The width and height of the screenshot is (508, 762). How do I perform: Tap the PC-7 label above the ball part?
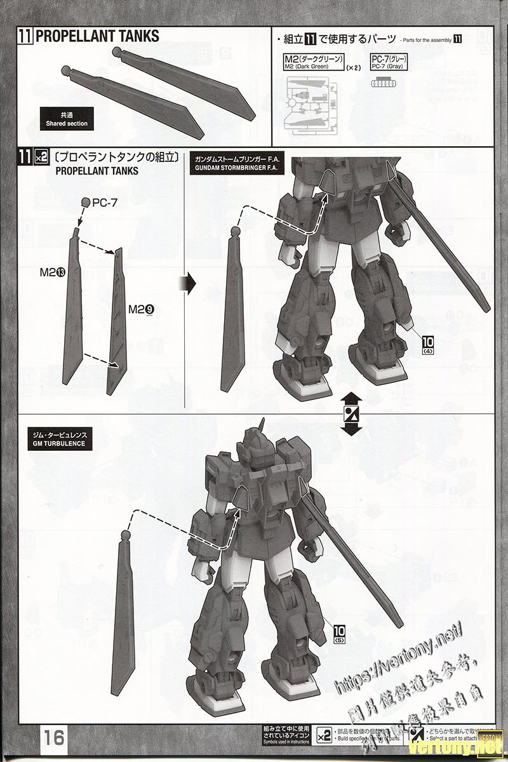(105, 203)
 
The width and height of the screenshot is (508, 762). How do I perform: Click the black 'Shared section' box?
(67, 119)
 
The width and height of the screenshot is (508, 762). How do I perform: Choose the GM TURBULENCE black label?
(57, 439)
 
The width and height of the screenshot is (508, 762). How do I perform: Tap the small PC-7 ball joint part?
(86, 202)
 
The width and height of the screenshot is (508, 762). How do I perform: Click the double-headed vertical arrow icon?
(349, 414)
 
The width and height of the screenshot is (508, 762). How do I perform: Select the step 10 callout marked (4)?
(426, 344)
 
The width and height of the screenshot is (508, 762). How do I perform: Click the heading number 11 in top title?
(25, 36)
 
